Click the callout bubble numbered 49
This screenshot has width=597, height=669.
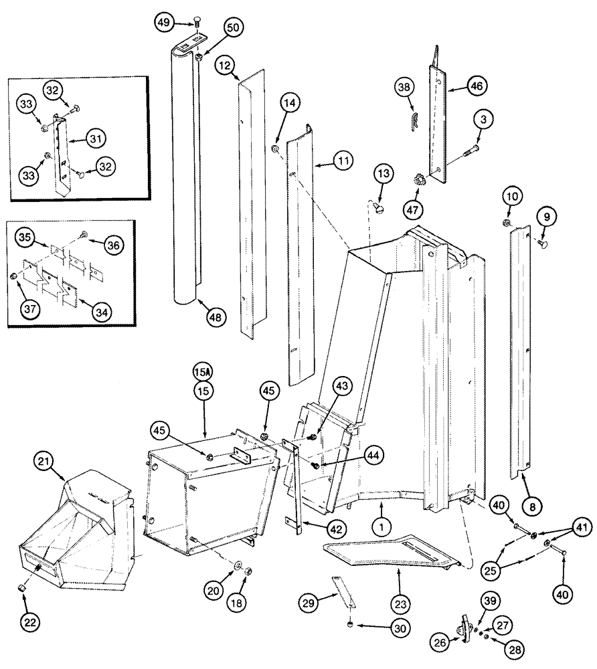(x=163, y=22)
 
